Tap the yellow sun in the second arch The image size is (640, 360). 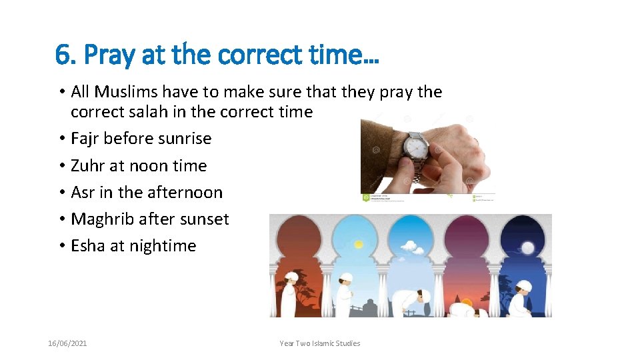tap(359, 245)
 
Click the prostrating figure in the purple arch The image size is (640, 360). tap(463, 308)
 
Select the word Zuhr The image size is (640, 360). tap(87, 165)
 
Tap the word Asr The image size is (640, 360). tap(83, 192)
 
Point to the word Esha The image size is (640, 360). tap(88, 245)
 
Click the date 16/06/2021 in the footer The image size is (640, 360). tap(67, 343)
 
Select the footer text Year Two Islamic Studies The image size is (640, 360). tap(320, 343)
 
